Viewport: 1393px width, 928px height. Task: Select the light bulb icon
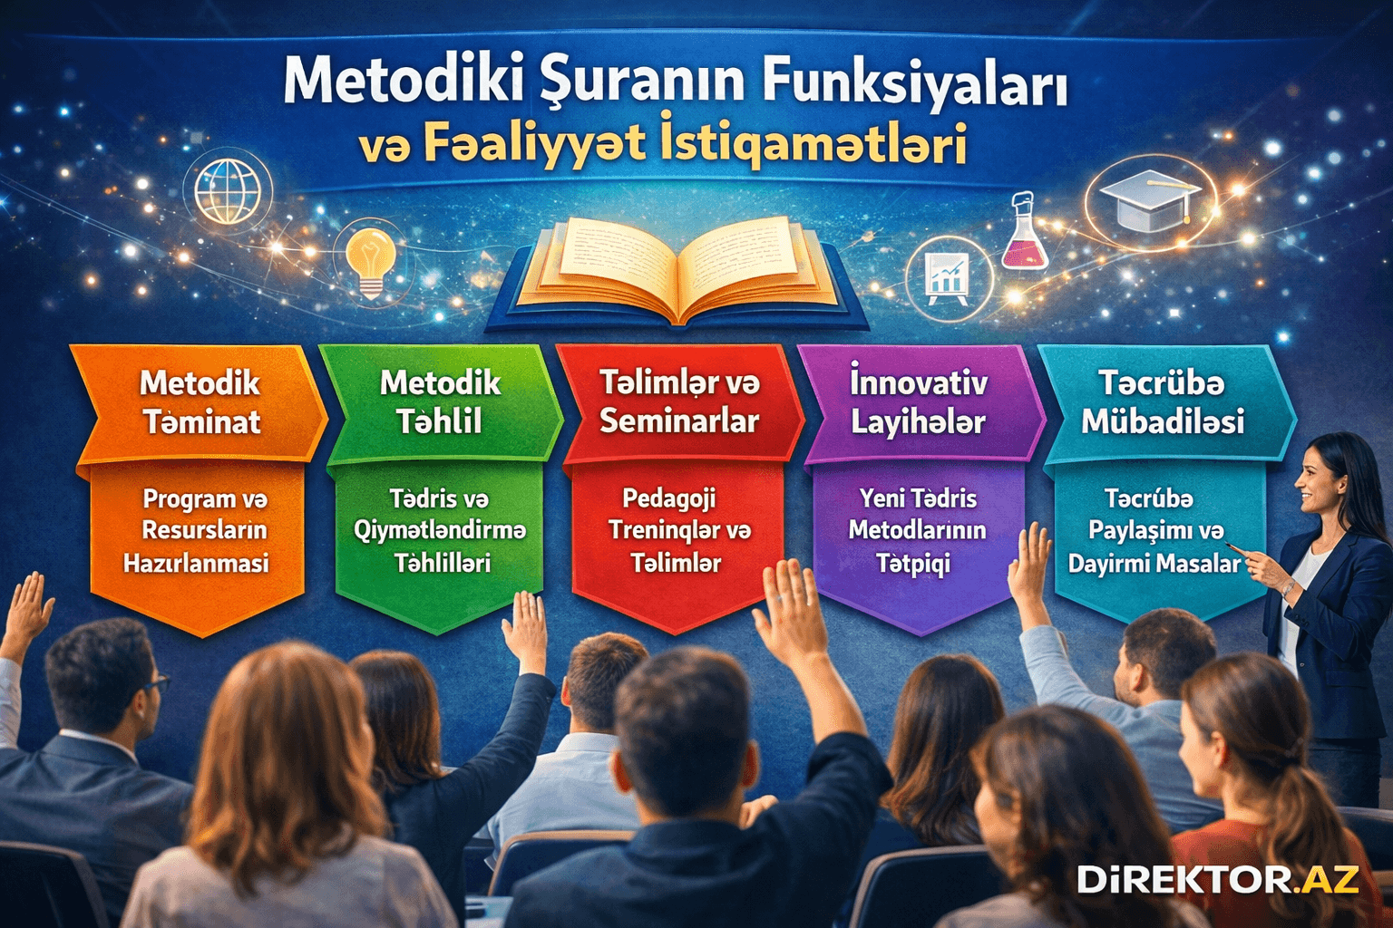click(371, 258)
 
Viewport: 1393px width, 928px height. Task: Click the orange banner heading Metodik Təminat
click(200, 401)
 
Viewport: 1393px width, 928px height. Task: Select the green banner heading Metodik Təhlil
click(441, 401)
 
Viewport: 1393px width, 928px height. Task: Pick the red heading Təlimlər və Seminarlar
click(679, 401)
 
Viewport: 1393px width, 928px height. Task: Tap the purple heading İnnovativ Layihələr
click(918, 401)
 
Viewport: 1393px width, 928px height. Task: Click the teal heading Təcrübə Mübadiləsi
click(1162, 401)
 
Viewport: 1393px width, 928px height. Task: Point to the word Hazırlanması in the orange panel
click(196, 564)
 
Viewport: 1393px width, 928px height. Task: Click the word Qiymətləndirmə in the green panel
click(440, 530)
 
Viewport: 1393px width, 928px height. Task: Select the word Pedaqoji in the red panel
click(668, 498)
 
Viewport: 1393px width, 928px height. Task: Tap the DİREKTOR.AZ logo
click(1217, 878)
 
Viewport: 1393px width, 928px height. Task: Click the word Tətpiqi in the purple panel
click(913, 564)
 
